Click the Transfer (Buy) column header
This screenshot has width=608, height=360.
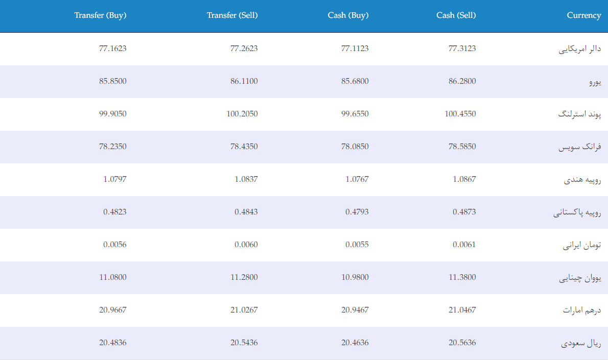(x=101, y=15)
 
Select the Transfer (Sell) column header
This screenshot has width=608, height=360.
(x=232, y=15)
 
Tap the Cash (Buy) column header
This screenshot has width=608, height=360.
(x=348, y=15)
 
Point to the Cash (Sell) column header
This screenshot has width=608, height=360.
(x=456, y=15)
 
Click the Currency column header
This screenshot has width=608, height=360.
(x=584, y=15)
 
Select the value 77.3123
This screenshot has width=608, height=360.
(x=462, y=49)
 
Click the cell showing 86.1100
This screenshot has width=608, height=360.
(x=244, y=81)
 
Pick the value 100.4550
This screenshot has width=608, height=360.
(x=460, y=113)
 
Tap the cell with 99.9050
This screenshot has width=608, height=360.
(x=113, y=113)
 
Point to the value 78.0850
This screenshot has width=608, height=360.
(x=355, y=147)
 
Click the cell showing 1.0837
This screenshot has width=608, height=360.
(x=246, y=179)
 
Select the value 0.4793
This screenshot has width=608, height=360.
(x=357, y=211)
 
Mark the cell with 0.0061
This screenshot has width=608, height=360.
(x=464, y=245)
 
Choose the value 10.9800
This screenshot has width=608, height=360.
(x=355, y=277)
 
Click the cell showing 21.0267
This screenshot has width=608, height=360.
(x=244, y=309)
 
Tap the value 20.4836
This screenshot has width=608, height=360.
(x=113, y=343)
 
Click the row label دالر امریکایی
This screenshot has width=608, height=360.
(x=580, y=49)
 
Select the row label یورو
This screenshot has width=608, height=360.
(x=595, y=82)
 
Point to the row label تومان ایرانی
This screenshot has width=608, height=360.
(x=582, y=245)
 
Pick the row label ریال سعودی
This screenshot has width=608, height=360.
(x=581, y=343)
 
